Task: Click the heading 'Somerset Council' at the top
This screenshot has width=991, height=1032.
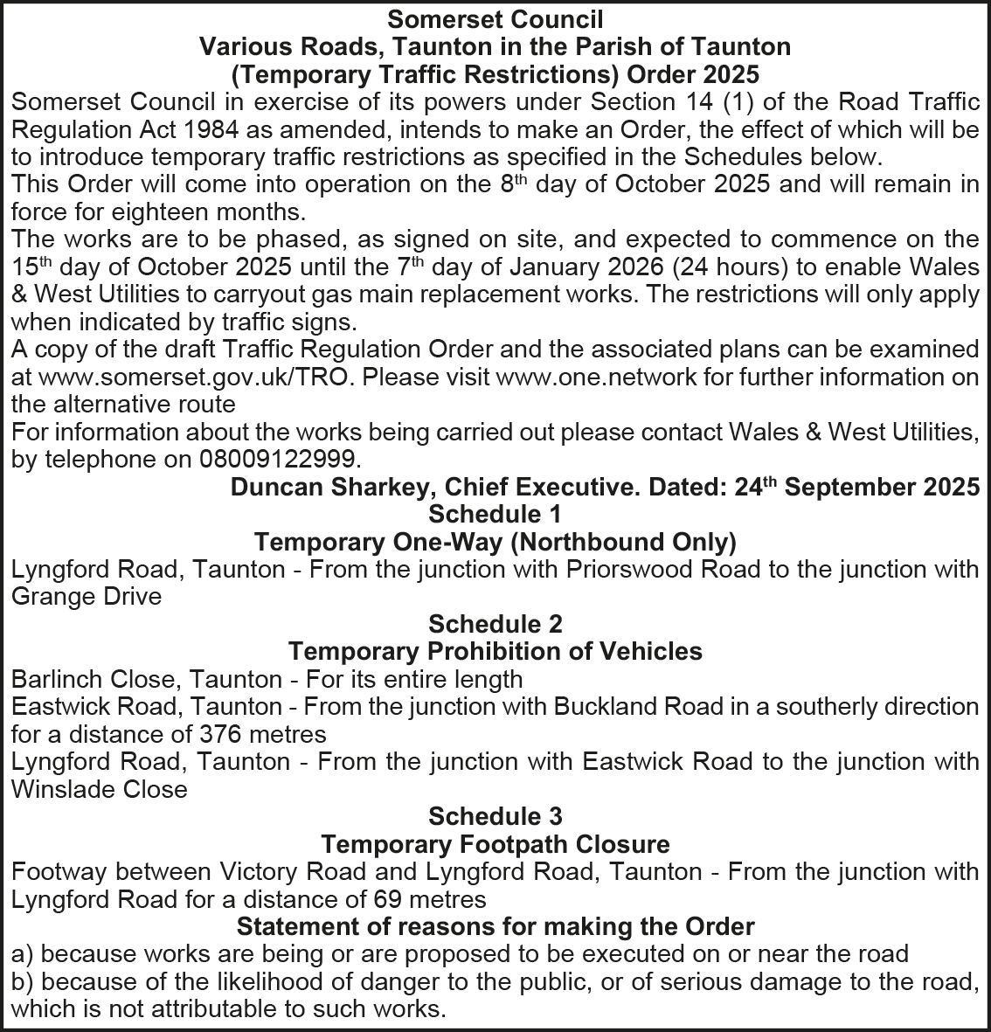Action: pyautogui.click(x=495, y=18)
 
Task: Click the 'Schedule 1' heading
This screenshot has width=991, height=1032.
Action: pyautogui.click(x=495, y=514)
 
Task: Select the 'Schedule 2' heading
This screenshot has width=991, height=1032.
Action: pyautogui.click(x=495, y=624)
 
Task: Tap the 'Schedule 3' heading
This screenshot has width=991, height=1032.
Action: pyautogui.click(x=495, y=816)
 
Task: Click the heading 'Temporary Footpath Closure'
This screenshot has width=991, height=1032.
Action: pyautogui.click(x=495, y=844)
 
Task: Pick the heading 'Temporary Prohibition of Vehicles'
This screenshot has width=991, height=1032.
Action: pyautogui.click(x=495, y=651)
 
